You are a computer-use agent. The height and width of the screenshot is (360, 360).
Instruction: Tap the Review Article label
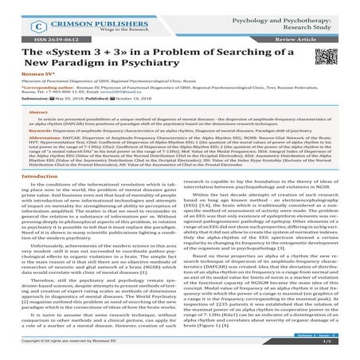[322, 37]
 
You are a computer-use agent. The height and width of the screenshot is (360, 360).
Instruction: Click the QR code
[326, 63]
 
